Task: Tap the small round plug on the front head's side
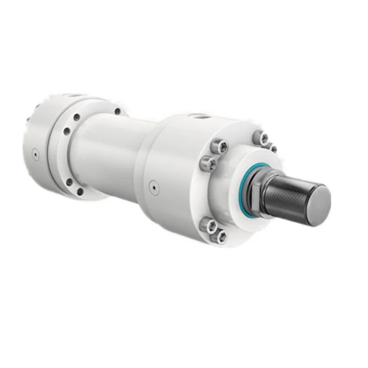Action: [x=153, y=186]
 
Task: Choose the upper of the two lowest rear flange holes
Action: [x=69, y=181]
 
